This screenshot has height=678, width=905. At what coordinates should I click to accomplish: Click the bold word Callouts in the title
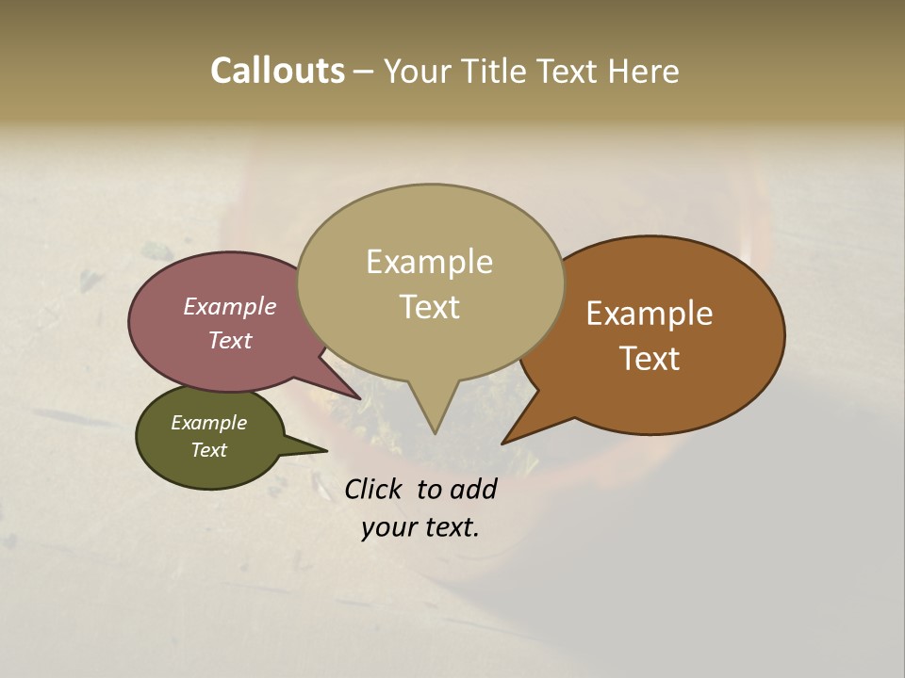coord(277,71)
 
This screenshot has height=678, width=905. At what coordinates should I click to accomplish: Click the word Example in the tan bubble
coord(429,262)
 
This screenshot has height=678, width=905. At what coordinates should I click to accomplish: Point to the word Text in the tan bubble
coord(429,307)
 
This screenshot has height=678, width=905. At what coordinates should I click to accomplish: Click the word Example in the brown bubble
coord(650,314)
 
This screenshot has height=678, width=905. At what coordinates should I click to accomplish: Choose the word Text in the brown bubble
coord(650,359)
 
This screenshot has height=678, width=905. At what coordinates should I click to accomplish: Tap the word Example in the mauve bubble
coord(229,306)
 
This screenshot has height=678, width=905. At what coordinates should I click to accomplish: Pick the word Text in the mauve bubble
coord(230,340)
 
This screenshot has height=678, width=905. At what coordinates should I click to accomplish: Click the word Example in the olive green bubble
coord(208,423)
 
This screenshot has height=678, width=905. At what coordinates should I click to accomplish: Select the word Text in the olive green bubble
coord(209,450)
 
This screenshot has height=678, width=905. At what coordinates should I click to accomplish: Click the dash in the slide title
coord(364,72)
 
